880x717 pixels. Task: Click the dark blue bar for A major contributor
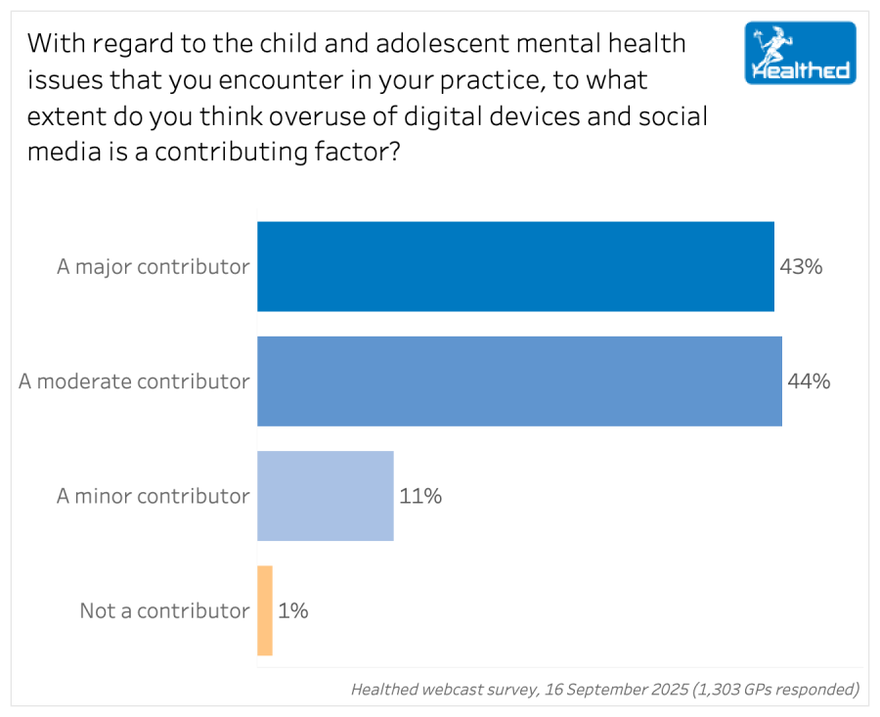(515, 266)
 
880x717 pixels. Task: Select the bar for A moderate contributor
(519, 381)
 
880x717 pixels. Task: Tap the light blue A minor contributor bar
(325, 496)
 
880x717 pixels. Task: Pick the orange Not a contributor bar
(265, 610)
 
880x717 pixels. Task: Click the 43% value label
(801, 266)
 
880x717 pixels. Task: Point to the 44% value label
(809, 381)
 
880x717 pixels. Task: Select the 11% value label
(420, 496)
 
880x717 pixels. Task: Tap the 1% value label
(293, 610)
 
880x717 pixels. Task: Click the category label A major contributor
(153, 266)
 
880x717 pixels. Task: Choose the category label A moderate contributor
(134, 381)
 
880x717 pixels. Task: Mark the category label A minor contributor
(153, 496)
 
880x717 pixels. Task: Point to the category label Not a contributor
(164, 610)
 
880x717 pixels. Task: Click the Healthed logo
(800, 53)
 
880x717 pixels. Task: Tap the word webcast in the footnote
(457, 689)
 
